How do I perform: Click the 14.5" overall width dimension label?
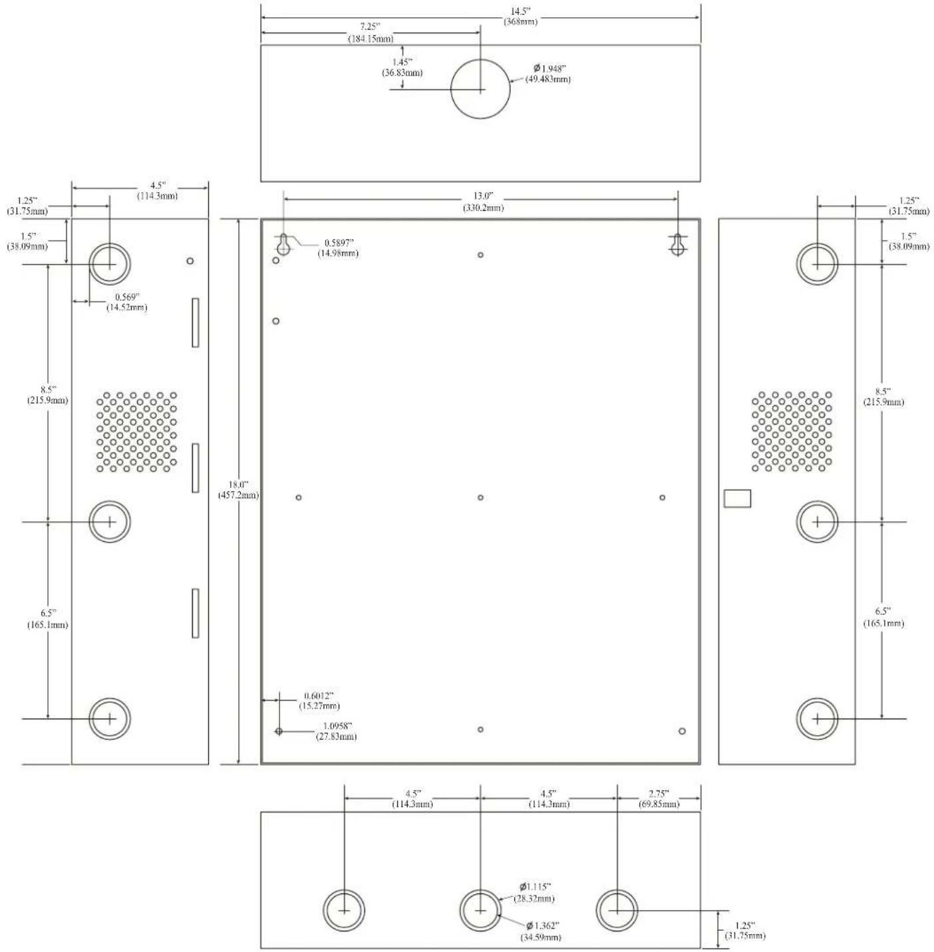tap(520, 17)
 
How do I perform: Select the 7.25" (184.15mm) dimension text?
tap(371, 33)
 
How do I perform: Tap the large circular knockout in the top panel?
tap(480, 89)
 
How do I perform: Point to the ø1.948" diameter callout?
tap(547, 73)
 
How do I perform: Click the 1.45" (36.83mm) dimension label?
tap(402, 67)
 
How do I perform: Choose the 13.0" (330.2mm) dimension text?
tap(483, 201)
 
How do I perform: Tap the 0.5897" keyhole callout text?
tap(338, 247)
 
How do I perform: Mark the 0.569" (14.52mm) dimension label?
tap(127, 302)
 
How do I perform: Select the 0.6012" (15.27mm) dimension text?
tap(319, 701)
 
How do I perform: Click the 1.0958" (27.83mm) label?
tap(336, 731)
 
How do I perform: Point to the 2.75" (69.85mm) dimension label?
tap(658, 799)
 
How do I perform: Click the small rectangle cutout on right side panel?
tap(737, 498)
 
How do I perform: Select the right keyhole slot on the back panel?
tap(677, 244)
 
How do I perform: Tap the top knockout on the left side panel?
tap(110, 264)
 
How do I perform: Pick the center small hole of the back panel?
tap(480, 497)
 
